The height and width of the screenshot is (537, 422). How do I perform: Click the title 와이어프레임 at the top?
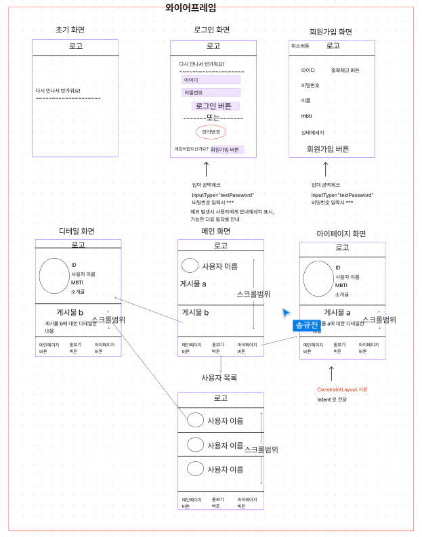[191, 8]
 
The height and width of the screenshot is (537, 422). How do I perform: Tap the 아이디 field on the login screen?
[211, 80]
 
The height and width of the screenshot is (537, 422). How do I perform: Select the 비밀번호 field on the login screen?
[211, 92]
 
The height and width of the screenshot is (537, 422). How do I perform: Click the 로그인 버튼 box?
[213, 106]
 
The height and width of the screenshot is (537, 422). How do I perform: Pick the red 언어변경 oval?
[211, 132]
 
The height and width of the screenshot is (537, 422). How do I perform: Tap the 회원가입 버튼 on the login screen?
[226, 150]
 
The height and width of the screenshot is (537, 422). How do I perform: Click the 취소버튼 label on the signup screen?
[300, 46]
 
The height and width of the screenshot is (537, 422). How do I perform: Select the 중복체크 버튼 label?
[345, 70]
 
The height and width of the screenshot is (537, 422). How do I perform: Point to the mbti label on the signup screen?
[306, 116]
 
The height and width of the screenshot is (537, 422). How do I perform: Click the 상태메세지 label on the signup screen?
[312, 133]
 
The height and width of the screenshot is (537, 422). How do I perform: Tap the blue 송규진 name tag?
[307, 326]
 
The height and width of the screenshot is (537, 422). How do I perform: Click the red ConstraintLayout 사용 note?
[342, 389]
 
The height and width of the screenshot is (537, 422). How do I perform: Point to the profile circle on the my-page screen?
[318, 278]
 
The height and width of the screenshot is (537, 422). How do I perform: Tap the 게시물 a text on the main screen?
[193, 284]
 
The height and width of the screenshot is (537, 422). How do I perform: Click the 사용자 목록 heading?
[219, 377]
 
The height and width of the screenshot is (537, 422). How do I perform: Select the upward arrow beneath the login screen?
[206, 168]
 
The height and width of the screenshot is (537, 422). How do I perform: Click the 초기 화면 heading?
[75, 30]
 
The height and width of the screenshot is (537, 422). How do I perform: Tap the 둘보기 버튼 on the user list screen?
[219, 502]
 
